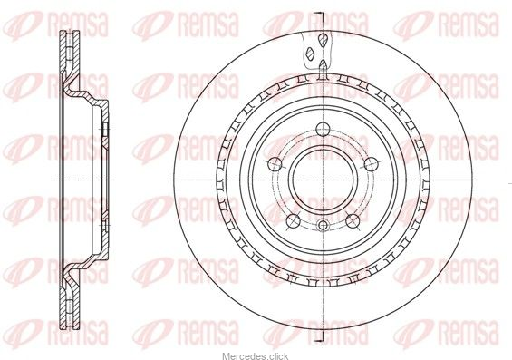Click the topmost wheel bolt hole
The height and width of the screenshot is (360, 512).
point(323,130)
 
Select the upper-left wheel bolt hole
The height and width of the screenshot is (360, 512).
point(275,164)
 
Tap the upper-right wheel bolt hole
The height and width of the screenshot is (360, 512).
point(372,164)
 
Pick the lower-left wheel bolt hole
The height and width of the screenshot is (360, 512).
point(294,221)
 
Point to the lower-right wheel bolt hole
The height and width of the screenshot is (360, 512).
point(353,221)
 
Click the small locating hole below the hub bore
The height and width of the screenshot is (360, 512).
point(323,225)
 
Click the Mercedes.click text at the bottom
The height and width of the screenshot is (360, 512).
point(256,356)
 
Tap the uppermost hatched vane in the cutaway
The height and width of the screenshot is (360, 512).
point(323,41)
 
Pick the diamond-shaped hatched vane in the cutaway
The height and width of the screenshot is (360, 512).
point(310,54)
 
